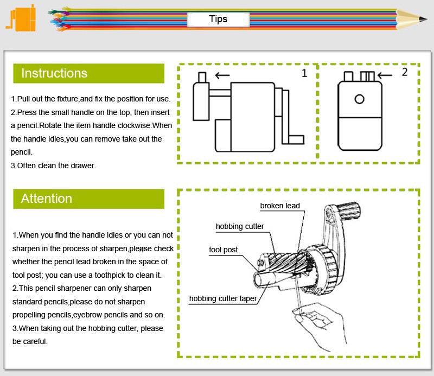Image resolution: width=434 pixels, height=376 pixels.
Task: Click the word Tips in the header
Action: pos(218,19)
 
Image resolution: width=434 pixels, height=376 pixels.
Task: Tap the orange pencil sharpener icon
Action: pos(21,18)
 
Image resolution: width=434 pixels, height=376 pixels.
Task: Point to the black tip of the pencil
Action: pos(423,19)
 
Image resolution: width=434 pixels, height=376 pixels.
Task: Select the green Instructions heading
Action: pos(88,73)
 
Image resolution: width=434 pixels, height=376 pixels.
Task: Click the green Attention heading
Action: pos(88,199)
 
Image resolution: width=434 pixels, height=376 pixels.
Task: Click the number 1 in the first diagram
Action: pos(304,73)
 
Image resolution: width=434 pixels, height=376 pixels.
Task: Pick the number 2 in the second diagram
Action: pos(405,72)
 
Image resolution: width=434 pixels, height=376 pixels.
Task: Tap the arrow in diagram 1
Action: pos(222,75)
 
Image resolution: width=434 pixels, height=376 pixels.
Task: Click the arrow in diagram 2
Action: pos(385,75)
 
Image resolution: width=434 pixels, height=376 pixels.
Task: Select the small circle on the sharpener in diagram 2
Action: pos(359,99)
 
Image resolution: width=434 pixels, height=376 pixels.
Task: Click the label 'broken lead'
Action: pos(280,206)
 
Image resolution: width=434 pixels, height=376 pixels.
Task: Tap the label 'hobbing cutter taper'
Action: pos(223,298)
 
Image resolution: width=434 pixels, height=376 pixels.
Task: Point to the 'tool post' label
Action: pos(223,250)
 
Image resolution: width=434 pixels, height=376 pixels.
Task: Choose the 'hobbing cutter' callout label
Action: pos(240,226)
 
